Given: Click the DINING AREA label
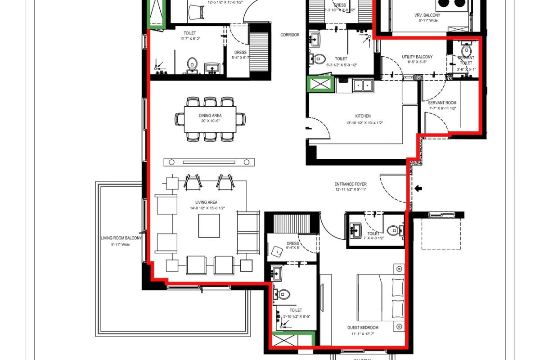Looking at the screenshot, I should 210,116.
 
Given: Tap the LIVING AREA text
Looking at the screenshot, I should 207,202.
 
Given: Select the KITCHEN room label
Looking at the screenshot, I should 363,116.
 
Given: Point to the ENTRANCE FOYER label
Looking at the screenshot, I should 350,184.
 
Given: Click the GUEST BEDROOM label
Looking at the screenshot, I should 363,328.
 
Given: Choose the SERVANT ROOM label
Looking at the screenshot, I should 442,103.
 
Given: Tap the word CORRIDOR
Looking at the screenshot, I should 290,35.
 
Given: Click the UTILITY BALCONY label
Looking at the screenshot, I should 417,57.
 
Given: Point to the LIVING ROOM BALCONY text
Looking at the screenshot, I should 121,238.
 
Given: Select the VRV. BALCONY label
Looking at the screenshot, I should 427,15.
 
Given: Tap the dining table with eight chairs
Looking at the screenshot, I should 210,119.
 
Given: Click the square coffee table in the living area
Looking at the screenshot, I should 209,225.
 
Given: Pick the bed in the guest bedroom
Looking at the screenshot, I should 381,298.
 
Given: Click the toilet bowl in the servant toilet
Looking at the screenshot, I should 466,48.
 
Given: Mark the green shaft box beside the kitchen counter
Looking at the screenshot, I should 319,84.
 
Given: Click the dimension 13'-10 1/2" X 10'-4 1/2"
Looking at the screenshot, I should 364,123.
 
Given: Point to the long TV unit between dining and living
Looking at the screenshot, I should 209,162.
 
